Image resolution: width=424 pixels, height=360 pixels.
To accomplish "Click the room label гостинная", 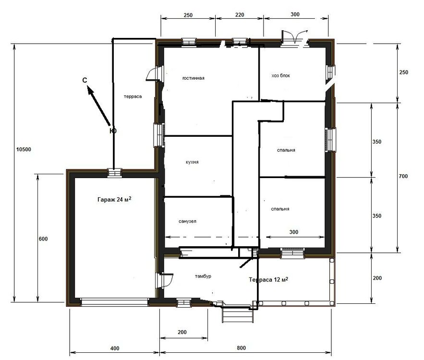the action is tap(194, 78).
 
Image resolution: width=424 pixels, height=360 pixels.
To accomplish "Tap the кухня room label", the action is tap(192, 162).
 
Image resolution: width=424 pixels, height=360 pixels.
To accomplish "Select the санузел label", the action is tap(187, 221).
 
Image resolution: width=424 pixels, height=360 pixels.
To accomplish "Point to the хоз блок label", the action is tap(281, 76).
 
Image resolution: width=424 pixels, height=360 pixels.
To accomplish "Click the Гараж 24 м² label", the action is tap(114, 200).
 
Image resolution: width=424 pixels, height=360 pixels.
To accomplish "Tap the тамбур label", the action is tap(203, 276).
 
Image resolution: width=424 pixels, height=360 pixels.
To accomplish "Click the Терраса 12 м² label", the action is tap(268, 279).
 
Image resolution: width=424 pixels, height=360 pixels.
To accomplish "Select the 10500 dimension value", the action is tap(24, 149).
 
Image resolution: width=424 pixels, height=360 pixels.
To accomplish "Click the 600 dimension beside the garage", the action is tap(43, 239).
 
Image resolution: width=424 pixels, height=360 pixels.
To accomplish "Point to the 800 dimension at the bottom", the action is tap(241, 348).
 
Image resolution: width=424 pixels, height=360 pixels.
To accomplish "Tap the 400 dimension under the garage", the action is tap(115, 348).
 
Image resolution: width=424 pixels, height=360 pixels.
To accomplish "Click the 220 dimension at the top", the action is tap(240, 14).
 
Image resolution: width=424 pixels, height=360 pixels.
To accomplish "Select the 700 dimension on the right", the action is tap(403, 176).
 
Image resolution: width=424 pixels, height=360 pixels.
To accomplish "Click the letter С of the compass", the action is tap(85, 80).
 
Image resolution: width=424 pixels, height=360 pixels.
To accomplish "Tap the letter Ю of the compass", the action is tap(113, 131).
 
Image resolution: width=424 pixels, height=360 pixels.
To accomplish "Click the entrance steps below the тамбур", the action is tap(238, 315).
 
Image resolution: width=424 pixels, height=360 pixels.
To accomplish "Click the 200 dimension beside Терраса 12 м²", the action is tap(377, 278).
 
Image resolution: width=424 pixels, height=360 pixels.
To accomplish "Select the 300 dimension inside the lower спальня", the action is tap(294, 232).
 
